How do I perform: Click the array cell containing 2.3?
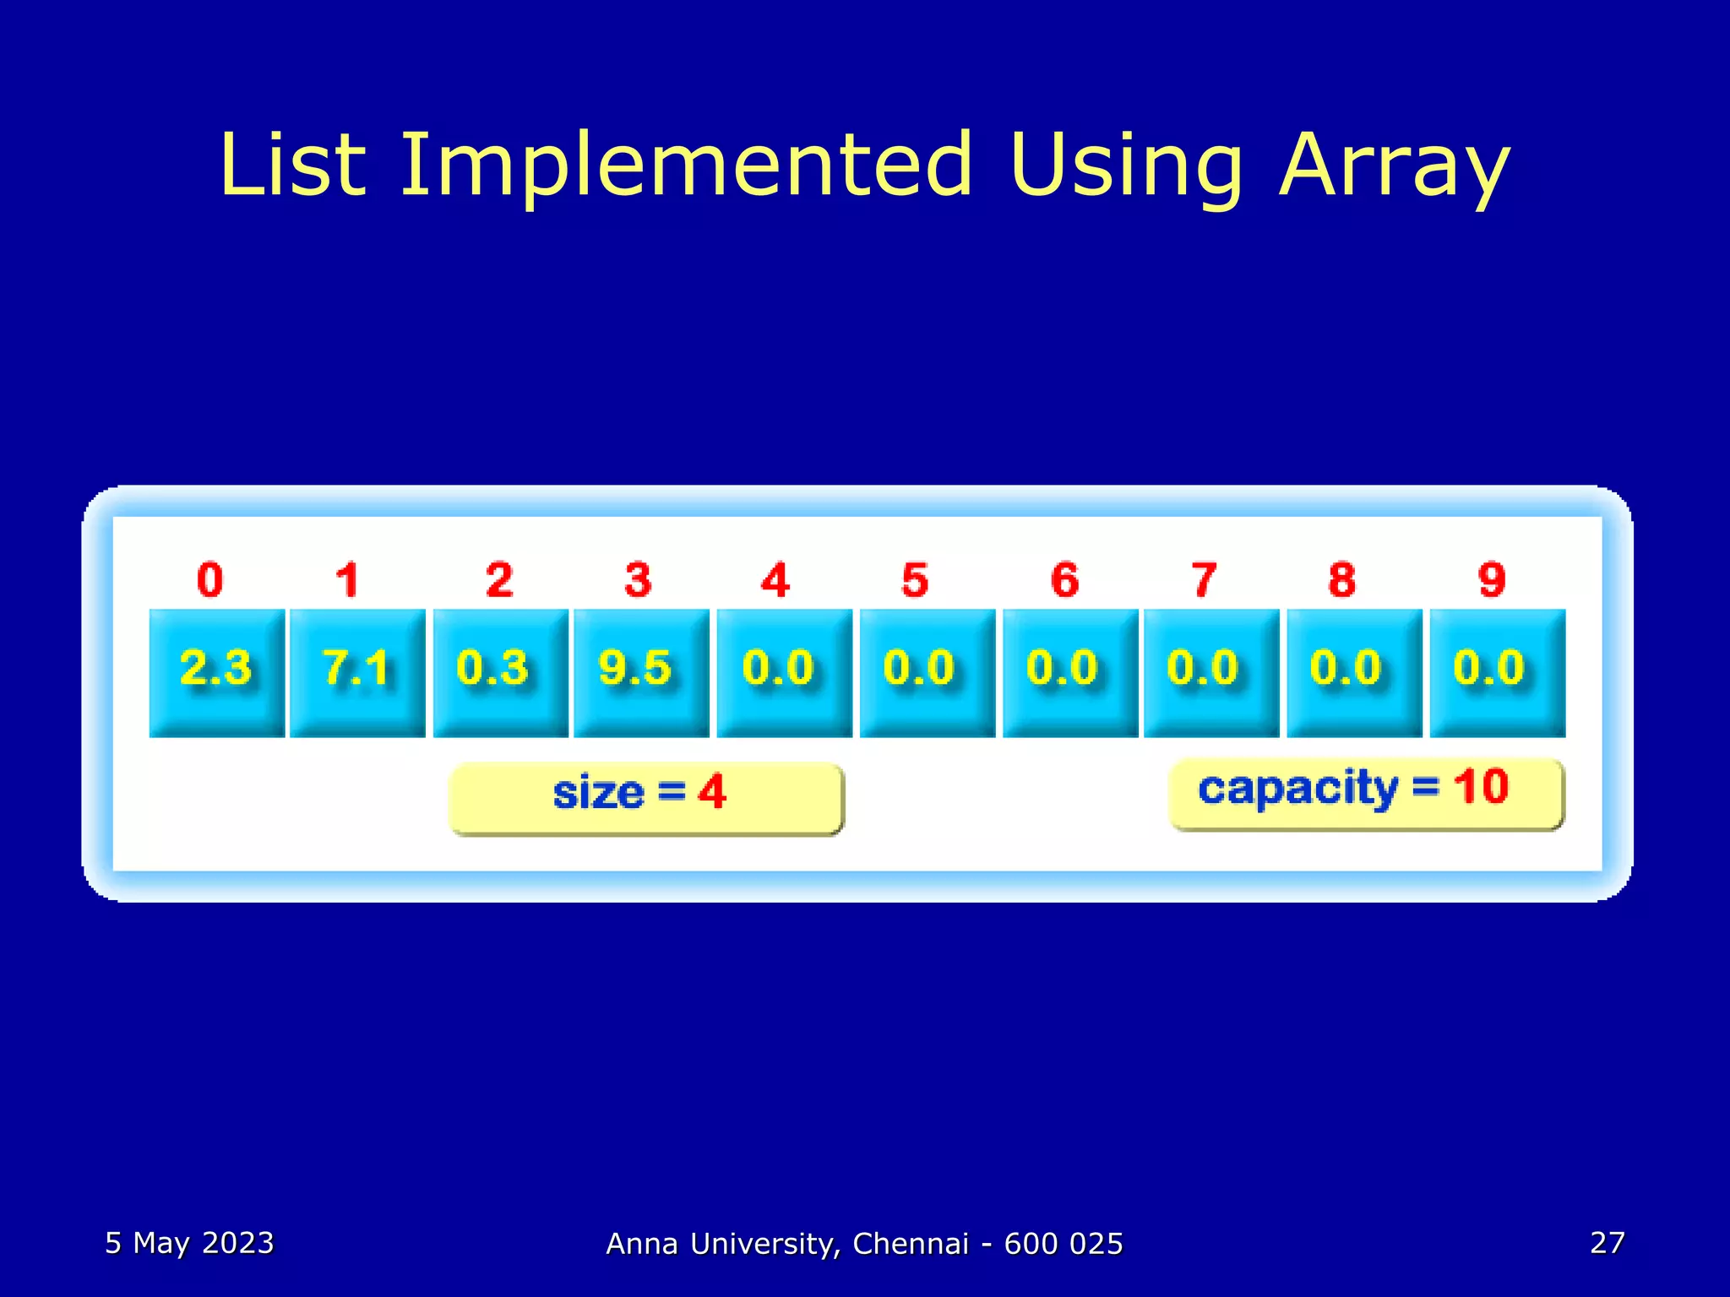click(x=216, y=672)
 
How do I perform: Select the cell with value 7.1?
click(x=357, y=672)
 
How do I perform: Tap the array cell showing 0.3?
click(x=500, y=672)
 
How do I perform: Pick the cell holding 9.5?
click(x=641, y=672)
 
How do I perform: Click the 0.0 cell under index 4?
click(x=784, y=672)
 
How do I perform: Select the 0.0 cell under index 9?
click(x=1497, y=672)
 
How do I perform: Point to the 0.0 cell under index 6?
click(x=1069, y=672)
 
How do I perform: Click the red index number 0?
click(x=210, y=580)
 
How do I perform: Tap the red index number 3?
click(x=638, y=580)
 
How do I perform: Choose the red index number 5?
click(x=915, y=580)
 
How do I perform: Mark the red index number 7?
click(x=1204, y=580)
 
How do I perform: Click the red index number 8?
click(x=1341, y=580)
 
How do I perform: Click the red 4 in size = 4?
click(x=711, y=792)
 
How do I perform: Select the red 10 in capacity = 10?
click(x=1480, y=787)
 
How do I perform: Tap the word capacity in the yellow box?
click(x=1297, y=789)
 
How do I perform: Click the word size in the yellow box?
click(x=598, y=794)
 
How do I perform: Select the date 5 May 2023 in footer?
click(x=189, y=1243)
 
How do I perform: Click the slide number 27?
click(x=1607, y=1243)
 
